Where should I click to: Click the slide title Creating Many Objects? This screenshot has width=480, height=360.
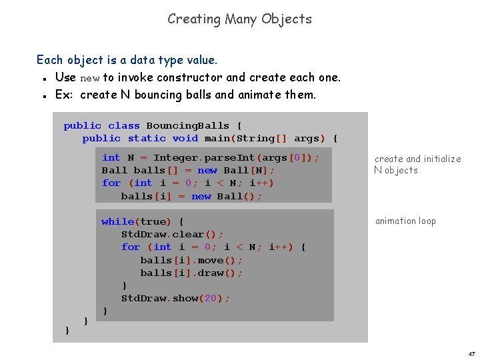tap(239, 19)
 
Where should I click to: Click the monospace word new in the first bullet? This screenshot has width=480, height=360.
tap(89, 78)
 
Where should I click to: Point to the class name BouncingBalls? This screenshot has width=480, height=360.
tap(187, 125)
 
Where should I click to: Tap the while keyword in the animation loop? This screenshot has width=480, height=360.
tap(117, 221)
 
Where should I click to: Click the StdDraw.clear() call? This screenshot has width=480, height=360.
tap(172, 234)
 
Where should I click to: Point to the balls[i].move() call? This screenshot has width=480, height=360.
tap(191, 260)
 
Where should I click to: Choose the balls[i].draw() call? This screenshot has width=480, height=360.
tap(191, 273)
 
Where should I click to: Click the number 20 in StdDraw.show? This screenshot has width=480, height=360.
tap(211, 298)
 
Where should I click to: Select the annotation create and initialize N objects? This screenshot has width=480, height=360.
tap(417, 164)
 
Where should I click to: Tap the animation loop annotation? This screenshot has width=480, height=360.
tap(405, 221)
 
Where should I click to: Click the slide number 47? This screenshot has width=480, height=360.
tap(471, 353)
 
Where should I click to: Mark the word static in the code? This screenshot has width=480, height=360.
tap(147, 138)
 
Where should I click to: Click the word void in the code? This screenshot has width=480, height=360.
tap(185, 138)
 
